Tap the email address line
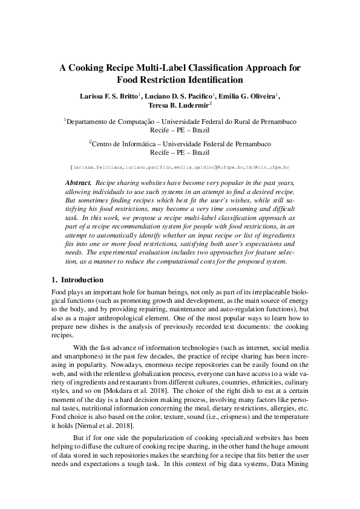click(x=180, y=166)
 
